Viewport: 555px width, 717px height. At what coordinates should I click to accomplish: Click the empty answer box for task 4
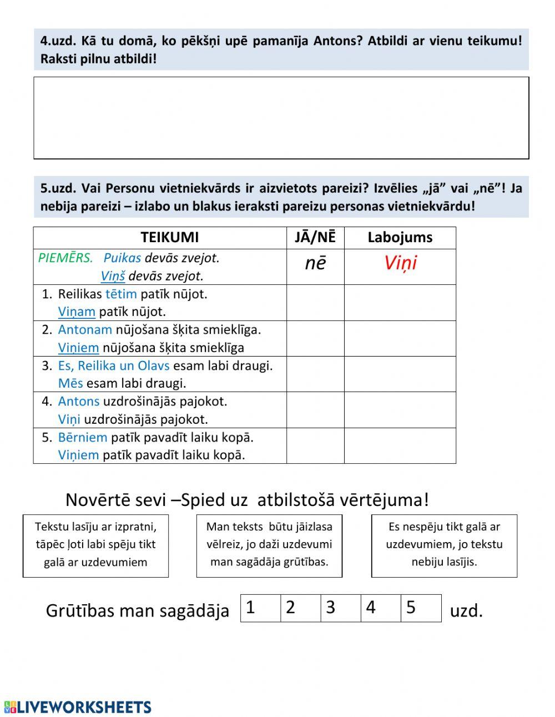[281, 118]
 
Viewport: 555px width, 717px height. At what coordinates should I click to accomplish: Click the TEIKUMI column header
[169, 238]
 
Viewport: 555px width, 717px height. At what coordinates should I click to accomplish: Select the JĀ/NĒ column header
[315, 238]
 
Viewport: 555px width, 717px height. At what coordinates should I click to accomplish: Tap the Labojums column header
[400, 238]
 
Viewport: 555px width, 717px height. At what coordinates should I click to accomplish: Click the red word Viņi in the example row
[400, 263]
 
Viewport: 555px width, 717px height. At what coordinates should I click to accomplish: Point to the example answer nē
[315, 263]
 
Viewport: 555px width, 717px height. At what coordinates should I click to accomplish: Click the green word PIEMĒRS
[65, 258]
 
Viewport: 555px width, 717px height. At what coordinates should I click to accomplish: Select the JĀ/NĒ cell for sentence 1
[315, 303]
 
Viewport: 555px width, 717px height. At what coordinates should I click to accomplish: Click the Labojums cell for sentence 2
[400, 338]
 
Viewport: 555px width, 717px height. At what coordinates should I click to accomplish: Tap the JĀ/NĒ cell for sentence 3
[315, 374]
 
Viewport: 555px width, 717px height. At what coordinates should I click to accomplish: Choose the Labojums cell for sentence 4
[400, 410]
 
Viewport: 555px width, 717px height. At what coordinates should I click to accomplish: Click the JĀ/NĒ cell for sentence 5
[315, 445]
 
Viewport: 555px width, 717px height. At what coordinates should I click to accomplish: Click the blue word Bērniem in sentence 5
[83, 438]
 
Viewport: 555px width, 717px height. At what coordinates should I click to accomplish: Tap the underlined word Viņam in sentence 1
[77, 312]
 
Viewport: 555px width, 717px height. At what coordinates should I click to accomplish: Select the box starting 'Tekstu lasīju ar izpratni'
[95, 545]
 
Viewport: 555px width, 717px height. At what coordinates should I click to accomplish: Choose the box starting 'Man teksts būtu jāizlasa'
[269, 545]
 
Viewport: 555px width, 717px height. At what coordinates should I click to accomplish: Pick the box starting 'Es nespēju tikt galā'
[444, 545]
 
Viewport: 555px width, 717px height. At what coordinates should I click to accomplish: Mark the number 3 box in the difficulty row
[341, 608]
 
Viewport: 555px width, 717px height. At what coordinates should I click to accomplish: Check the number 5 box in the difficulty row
[421, 608]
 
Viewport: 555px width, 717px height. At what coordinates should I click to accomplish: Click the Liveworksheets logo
[78, 707]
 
